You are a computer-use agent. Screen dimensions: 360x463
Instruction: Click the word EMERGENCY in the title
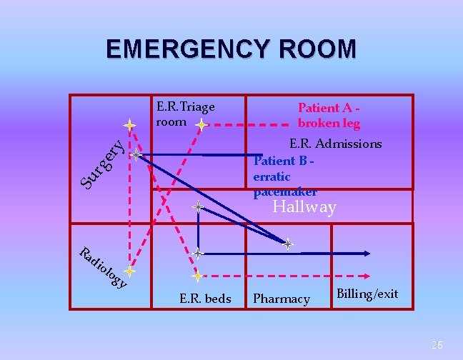click(x=184, y=49)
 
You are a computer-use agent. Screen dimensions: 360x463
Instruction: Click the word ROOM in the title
click(x=312, y=49)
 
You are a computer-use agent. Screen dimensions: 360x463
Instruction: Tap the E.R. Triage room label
click(x=185, y=114)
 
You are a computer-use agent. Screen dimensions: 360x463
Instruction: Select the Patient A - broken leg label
click(x=328, y=115)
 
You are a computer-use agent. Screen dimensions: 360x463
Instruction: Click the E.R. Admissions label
click(x=335, y=144)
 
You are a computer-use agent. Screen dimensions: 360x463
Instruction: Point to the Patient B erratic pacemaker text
click(x=284, y=176)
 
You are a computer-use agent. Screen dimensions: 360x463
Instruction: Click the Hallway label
click(x=305, y=208)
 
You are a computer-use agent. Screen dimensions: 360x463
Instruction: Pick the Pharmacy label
click(x=282, y=299)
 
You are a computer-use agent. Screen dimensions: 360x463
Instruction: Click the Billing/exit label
click(x=367, y=294)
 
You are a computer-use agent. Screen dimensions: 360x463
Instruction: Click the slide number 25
click(x=437, y=345)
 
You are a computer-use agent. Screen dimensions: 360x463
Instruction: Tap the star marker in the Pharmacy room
click(x=287, y=244)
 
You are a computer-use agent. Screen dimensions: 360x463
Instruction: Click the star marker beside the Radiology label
click(x=129, y=271)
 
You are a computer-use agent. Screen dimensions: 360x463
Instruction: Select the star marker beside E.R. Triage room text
click(x=203, y=126)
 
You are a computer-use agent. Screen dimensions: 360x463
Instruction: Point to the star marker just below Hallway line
click(x=198, y=209)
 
